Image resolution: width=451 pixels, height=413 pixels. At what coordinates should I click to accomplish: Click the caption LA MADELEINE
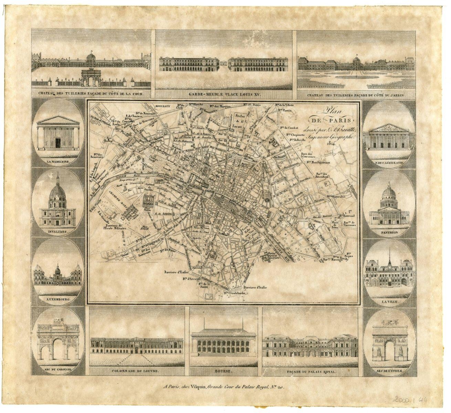click(57, 161)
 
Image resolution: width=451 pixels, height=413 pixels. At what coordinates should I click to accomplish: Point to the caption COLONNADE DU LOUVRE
click(135, 371)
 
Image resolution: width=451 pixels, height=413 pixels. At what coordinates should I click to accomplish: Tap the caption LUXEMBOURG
click(57, 299)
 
